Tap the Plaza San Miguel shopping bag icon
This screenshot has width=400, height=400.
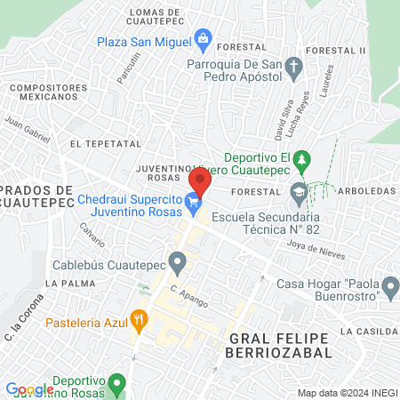(204, 37)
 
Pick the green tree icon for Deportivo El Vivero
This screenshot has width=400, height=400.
(302, 158)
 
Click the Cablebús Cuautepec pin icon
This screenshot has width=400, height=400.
(178, 262)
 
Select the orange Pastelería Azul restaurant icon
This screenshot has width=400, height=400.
(138, 317)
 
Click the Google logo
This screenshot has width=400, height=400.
(29, 389)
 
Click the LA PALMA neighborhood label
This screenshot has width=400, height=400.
(64, 283)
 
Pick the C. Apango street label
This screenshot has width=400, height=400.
(189, 296)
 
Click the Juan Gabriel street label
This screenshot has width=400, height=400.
(28, 130)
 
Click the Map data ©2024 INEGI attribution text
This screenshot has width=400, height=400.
(345, 393)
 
